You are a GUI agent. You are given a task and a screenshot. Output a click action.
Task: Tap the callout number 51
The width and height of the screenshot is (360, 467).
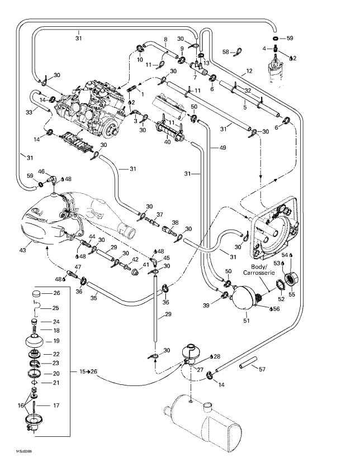(x=247, y=321)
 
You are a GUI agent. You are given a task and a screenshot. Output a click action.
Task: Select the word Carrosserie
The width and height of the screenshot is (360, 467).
(x=262, y=272)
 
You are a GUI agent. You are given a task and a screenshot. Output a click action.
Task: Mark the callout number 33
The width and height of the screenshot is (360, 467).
(x=29, y=112)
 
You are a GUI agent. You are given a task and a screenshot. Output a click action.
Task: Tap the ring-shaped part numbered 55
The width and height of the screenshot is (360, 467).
(x=292, y=278)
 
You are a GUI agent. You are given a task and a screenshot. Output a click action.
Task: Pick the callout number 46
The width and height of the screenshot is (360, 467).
(x=41, y=171)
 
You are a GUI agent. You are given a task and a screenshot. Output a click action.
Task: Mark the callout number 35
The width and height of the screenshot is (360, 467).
(x=94, y=299)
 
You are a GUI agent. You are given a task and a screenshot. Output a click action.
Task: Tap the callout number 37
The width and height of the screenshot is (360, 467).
(x=159, y=215)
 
